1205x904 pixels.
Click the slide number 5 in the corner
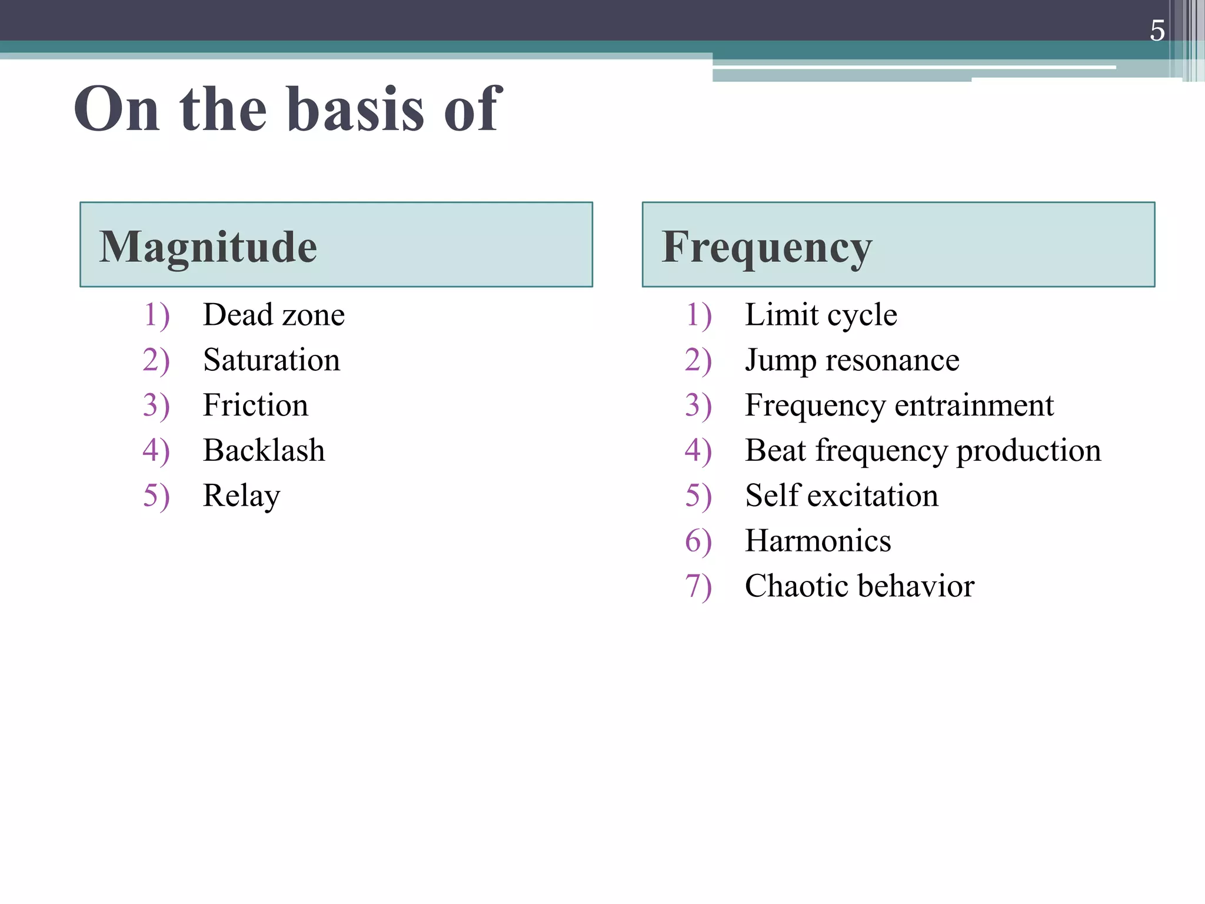pyautogui.click(x=1157, y=31)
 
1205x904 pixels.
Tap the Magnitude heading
pyautogui.click(x=208, y=247)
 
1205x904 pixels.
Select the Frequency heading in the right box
pyautogui.click(x=767, y=248)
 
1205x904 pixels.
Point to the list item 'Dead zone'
pyautogui.click(x=274, y=315)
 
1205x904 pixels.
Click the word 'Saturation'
pyautogui.click(x=271, y=360)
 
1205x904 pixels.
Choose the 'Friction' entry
pyautogui.click(x=255, y=405)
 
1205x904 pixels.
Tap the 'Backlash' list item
pyautogui.click(x=264, y=450)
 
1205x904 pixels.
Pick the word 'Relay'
pyautogui.click(x=241, y=496)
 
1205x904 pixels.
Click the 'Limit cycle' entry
pyautogui.click(x=821, y=315)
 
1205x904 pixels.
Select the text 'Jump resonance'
pyautogui.click(x=851, y=360)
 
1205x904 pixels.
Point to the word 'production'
pyautogui.click(x=1028, y=451)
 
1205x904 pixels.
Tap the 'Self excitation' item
pyautogui.click(x=841, y=496)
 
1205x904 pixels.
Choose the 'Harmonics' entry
pyautogui.click(x=818, y=541)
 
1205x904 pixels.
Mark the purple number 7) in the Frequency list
pyautogui.click(x=698, y=587)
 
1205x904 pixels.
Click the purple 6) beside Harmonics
pyautogui.click(x=698, y=541)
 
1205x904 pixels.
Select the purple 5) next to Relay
pyautogui.click(x=156, y=496)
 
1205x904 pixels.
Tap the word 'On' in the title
pyautogui.click(x=116, y=109)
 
